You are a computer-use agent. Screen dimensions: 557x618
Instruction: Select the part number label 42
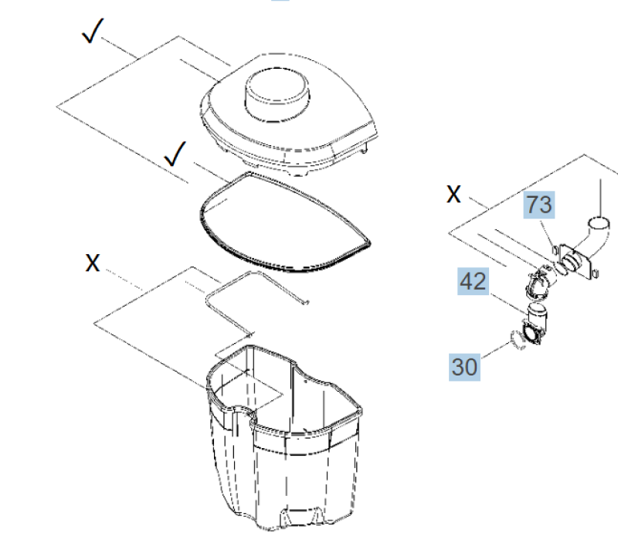pyautogui.click(x=474, y=281)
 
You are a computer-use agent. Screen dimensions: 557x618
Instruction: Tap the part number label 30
pyautogui.click(x=465, y=365)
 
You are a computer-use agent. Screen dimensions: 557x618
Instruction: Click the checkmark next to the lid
pyautogui.click(x=93, y=33)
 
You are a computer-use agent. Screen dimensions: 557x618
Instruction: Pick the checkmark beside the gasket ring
pyautogui.click(x=175, y=157)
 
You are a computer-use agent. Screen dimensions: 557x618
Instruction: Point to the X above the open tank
pyautogui.click(x=93, y=263)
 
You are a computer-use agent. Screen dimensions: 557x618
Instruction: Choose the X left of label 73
pyautogui.click(x=454, y=194)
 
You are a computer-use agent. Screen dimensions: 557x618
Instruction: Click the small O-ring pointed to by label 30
pyautogui.click(x=518, y=340)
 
